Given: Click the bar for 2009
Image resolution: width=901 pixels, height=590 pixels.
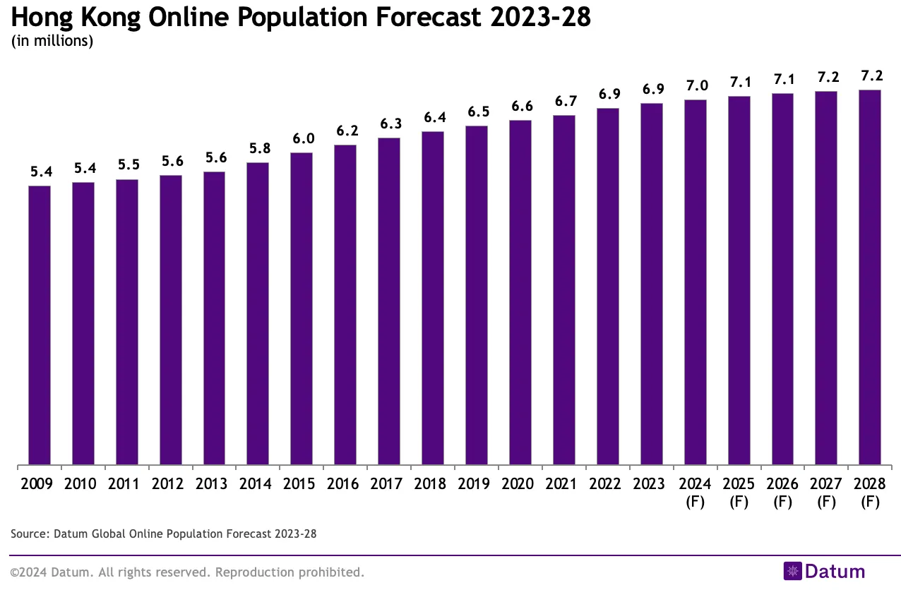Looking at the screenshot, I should click(x=40, y=325).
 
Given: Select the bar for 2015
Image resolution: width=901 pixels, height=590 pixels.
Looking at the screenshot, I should click(x=302, y=309).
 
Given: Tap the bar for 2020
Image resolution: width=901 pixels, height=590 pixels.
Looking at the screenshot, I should click(x=520, y=293).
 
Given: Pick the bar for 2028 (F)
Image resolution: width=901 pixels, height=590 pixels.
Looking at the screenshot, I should click(x=870, y=277).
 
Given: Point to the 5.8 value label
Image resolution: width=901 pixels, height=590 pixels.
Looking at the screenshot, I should click(x=258, y=149).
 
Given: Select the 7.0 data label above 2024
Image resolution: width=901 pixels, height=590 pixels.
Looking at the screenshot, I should click(x=696, y=85).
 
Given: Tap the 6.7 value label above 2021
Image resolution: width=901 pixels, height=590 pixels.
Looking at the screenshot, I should click(x=564, y=102).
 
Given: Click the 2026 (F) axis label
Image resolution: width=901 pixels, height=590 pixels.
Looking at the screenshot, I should click(x=783, y=493).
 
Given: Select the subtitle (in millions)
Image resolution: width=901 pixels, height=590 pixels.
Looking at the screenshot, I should click(x=52, y=41).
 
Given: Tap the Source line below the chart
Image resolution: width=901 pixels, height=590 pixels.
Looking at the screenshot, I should click(x=164, y=534).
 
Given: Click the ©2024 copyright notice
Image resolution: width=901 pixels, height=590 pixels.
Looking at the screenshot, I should click(x=187, y=572).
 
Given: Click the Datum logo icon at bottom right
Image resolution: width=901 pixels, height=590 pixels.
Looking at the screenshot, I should click(x=793, y=571).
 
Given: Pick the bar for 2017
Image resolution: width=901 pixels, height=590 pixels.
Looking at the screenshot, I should click(x=389, y=301).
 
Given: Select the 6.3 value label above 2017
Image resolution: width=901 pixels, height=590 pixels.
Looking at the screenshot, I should click(x=389, y=124).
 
